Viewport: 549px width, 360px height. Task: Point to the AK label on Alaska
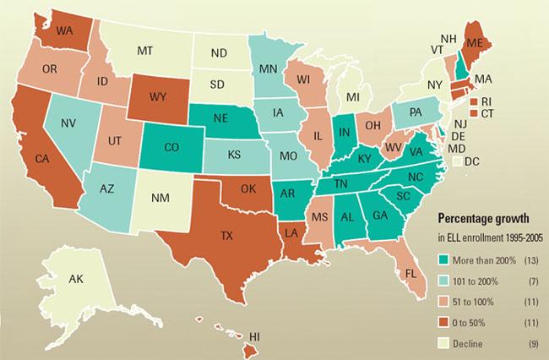click(73, 279)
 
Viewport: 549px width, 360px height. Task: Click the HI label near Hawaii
click(255, 338)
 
